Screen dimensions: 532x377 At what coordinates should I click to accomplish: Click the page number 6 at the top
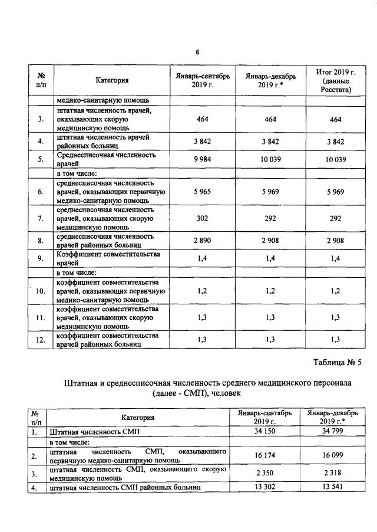pos(197,52)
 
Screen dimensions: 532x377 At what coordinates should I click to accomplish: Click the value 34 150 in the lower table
pos(264,432)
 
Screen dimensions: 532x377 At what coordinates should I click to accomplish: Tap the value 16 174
pos(264,456)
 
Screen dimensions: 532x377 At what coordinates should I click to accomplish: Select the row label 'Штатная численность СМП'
pos(95,432)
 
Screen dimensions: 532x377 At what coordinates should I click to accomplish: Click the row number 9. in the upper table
pos(41,258)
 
